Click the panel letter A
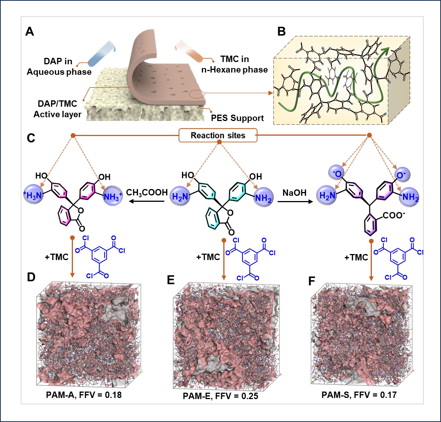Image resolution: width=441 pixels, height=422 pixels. point(30,32)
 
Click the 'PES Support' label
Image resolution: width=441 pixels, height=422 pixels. point(237,118)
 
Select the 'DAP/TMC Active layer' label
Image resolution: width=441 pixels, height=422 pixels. point(57,109)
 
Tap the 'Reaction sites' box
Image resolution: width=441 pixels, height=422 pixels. point(218,136)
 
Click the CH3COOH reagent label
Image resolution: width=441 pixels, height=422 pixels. point(147,192)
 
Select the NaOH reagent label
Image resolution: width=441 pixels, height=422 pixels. point(294,193)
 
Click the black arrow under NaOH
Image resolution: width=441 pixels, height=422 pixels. point(295,202)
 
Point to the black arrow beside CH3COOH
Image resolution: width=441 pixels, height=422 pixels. point(146,202)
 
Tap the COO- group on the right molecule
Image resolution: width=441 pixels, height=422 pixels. point(393,216)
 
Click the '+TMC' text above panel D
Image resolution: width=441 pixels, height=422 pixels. point(56,257)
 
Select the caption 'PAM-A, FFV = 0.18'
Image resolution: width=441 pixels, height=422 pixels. point(84,395)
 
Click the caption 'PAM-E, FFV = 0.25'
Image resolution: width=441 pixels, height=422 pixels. point(220,396)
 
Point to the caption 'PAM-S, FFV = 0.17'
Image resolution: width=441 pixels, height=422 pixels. point(359,395)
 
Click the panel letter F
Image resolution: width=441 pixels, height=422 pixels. point(311,281)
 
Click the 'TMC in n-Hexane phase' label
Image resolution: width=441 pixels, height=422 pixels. point(234,64)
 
